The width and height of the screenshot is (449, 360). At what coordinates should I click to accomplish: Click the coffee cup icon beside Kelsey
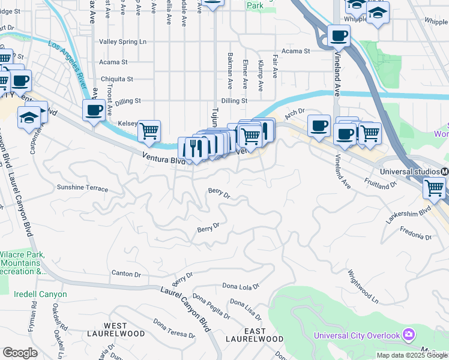(x=94, y=110)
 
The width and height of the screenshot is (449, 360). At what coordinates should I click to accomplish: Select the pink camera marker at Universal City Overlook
(x=409, y=334)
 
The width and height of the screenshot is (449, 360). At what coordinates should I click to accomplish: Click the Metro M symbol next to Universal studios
(x=444, y=172)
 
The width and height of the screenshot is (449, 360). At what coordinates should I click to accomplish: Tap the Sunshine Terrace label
(x=82, y=188)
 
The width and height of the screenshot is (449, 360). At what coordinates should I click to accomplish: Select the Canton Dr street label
(x=126, y=274)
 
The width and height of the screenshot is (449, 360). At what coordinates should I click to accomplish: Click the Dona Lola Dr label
(x=241, y=286)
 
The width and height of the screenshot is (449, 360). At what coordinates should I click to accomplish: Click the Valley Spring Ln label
(x=122, y=42)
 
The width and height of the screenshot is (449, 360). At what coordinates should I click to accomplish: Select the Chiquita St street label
(x=117, y=79)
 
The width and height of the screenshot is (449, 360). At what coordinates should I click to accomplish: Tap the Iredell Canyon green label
(x=41, y=295)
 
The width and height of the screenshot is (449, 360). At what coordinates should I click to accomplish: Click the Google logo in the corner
(x=20, y=353)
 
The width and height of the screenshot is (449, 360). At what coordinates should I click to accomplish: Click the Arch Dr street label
(x=295, y=112)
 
